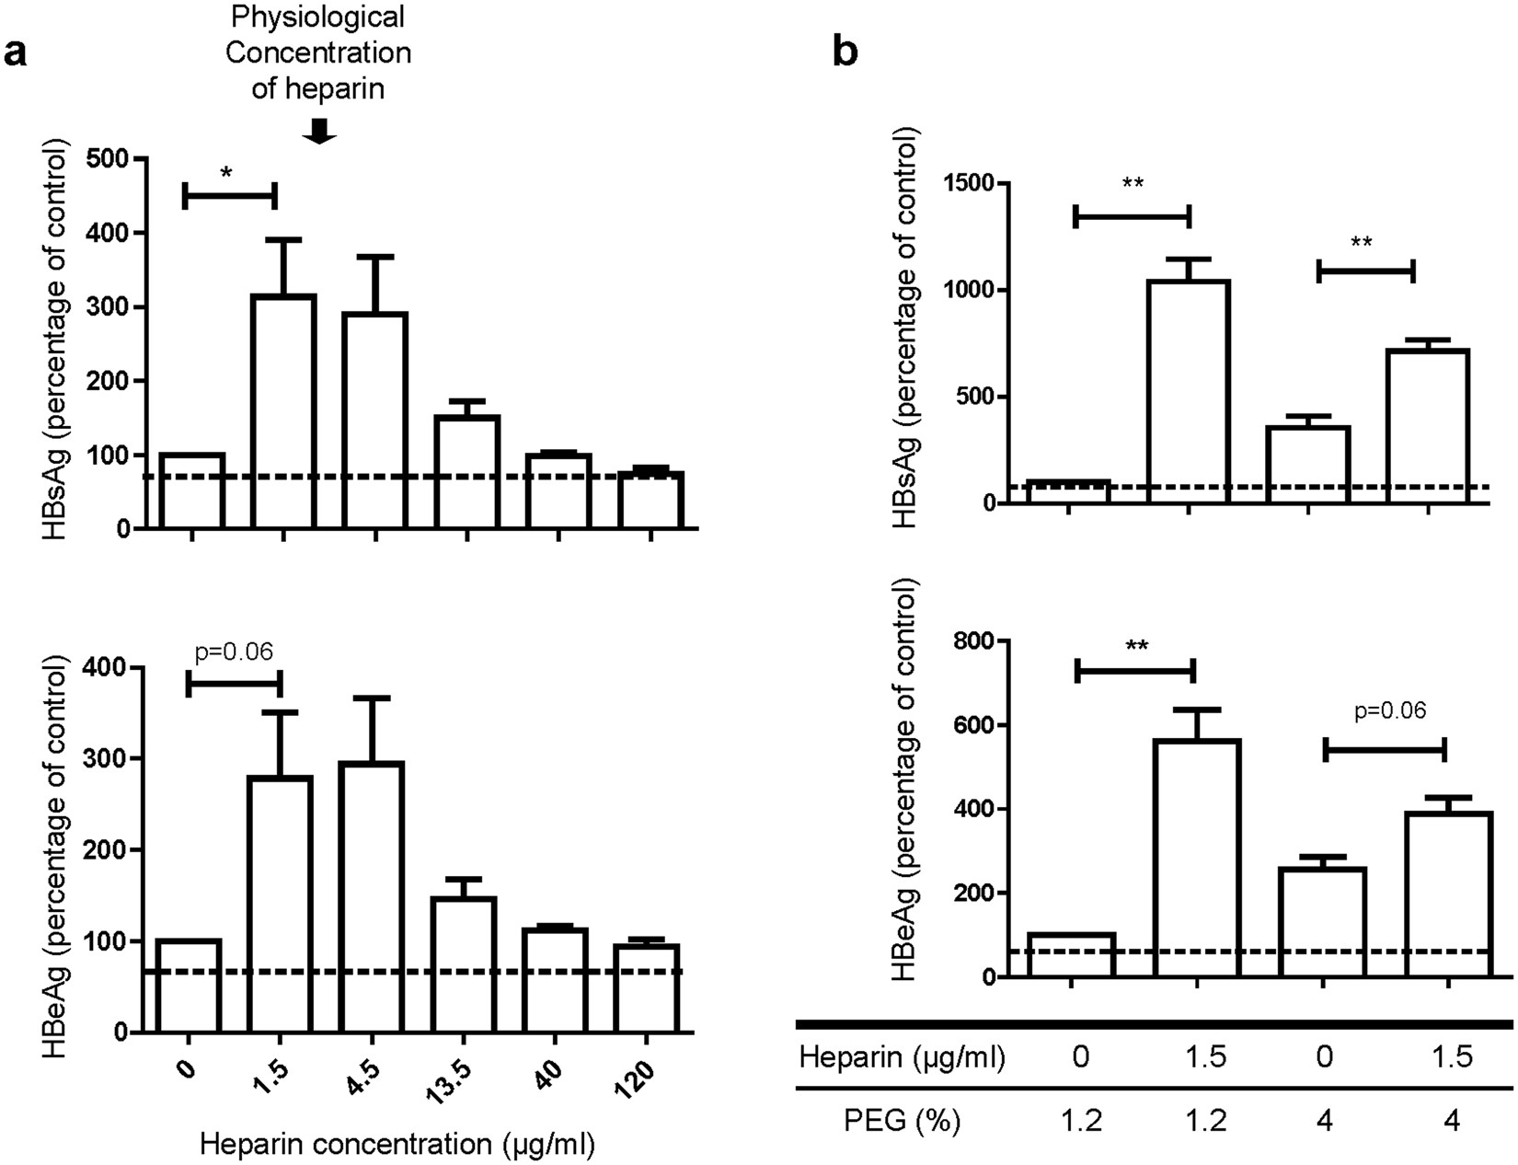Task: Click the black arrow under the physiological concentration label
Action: (x=319, y=133)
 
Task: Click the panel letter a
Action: (x=16, y=53)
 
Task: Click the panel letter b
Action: (x=845, y=52)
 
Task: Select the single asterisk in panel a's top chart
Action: (x=226, y=172)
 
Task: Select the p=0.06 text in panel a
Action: (x=235, y=652)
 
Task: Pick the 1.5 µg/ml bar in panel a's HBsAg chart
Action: (x=283, y=411)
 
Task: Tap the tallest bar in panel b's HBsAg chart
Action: (x=1189, y=391)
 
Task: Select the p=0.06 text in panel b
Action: (x=1390, y=710)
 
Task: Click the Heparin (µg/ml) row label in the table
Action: (x=902, y=1057)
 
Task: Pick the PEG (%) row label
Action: (x=902, y=1121)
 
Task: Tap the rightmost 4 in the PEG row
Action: (x=1451, y=1121)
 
